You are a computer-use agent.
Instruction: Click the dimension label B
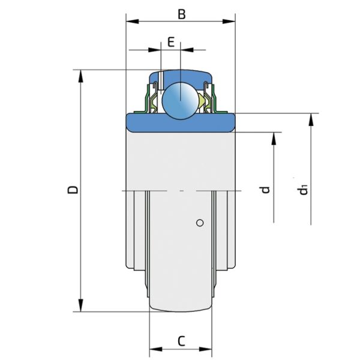coord(180,13)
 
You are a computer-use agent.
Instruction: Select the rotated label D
coord(73,190)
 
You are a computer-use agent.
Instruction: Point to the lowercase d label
coord(265,190)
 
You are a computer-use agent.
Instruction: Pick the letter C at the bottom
coord(181,341)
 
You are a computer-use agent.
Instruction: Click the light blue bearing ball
coord(181,98)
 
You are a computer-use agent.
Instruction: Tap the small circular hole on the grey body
coord(200,223)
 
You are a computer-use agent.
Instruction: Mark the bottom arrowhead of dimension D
coord(80,307)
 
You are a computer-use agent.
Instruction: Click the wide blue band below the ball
coord(180,122)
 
